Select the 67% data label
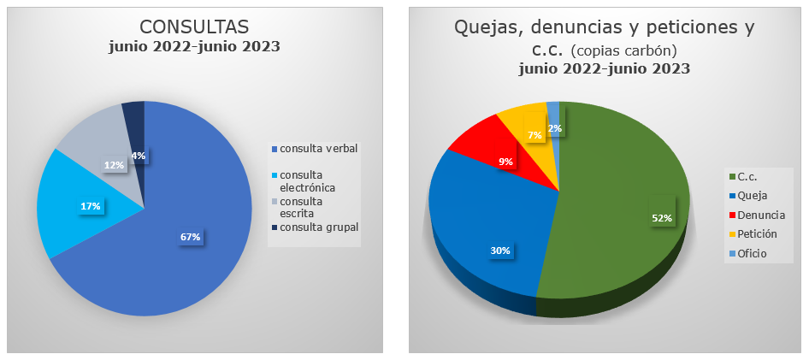point(190,237)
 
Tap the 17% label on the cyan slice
point(91,206)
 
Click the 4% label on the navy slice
point(138,156)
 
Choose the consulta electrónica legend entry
point(312,180)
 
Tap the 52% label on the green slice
point(661,218)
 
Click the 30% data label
point(500,251)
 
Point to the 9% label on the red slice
point(506,161)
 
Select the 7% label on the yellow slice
point(534,135)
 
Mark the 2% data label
point(555,128)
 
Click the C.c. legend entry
point(747,177)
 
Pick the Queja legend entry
point(752,196)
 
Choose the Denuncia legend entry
point(760,215)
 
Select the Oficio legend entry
point(753,253)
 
